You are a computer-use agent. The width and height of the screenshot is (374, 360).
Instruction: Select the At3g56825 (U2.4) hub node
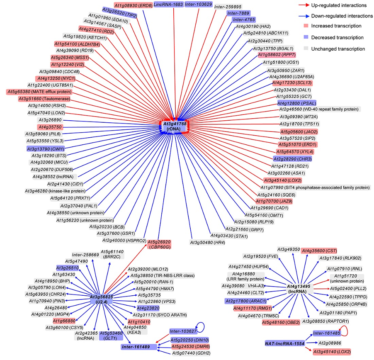[102, 299]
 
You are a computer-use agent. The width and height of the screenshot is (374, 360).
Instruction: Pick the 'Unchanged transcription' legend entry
[340, 49]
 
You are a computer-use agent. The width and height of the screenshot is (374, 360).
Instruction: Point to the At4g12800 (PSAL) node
[297, 103]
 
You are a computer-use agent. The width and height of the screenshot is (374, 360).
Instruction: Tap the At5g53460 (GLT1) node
[112, 336]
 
